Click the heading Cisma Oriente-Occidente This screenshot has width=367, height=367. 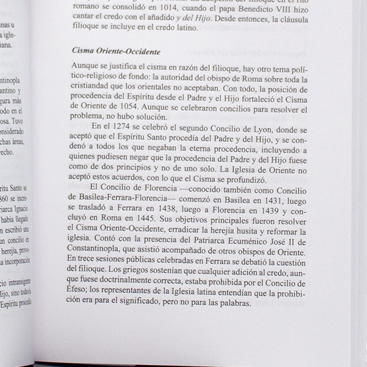tap(116, 52)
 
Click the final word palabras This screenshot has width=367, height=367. tap(234, 303)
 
